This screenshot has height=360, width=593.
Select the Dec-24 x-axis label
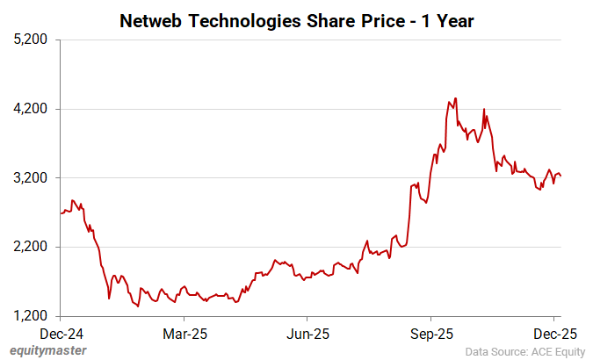coord(61,334)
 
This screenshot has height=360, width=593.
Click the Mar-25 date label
coord(184,334)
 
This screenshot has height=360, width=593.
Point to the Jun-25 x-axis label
coord(308,334)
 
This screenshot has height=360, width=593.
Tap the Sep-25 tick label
coord(431,334)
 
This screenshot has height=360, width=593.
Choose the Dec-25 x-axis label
coord(554,334)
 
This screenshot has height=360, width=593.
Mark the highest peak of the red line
coord(455,98)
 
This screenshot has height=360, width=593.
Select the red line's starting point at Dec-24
coord(61,213)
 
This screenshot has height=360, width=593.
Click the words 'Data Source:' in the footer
coord(497,352)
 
